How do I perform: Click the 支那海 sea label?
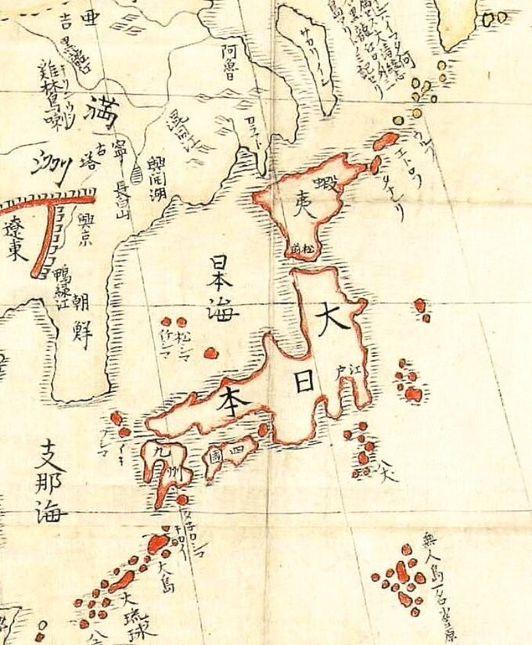click(x=52, y=481)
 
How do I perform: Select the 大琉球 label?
click(x=139, y=615)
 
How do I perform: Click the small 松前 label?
click(x=300, y=247)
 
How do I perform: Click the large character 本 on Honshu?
click(x=236, y=398)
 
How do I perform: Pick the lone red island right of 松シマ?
click(x=210, y=353)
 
